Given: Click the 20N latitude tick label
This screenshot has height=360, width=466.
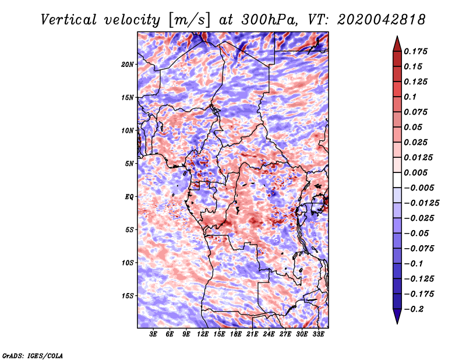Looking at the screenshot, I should [x=128, y=64].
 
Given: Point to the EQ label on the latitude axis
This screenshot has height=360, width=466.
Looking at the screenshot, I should [x=130, y=197].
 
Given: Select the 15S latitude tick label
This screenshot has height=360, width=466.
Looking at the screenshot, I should [x=128, y=296].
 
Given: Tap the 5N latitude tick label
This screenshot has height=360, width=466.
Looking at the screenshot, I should [x=129, y=164].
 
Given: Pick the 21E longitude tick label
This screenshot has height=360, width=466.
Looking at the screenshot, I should [x=252, y=335].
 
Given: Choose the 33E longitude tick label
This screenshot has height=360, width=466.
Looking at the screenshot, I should [x=318, y=335].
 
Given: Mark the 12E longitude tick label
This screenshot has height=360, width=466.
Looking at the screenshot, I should [x=203, y=335].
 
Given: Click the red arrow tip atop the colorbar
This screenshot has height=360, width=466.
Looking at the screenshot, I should [x=396, y=41].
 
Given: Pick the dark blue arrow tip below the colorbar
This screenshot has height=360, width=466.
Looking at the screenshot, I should [x=396, y=318].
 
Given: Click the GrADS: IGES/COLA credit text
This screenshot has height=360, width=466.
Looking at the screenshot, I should [x=33, y=355].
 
